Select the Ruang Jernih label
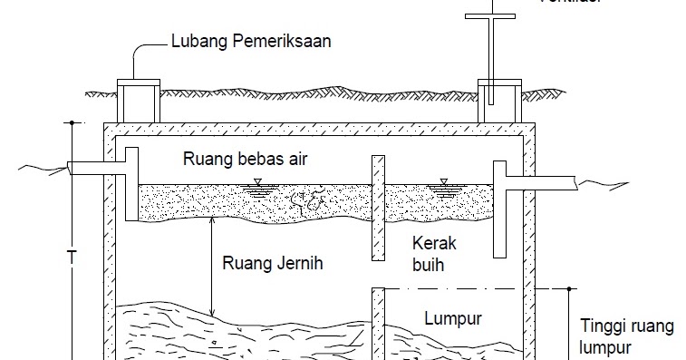272,265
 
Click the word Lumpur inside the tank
451,318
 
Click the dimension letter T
70,256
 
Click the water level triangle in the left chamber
257,182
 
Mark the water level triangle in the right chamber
444,181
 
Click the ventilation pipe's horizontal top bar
492,15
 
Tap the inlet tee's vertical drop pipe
131,186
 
